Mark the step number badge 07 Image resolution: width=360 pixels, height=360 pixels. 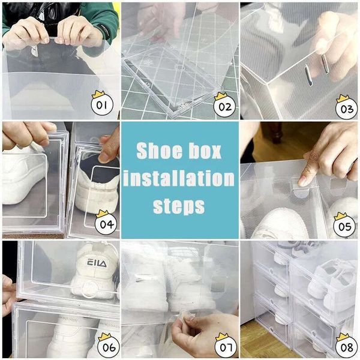tap(223, 346)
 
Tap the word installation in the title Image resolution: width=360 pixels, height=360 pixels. tap(181, 178)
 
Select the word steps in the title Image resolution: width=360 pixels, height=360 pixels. tap(179, 206)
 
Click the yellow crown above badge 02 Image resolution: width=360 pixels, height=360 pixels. tap(221, 95)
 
